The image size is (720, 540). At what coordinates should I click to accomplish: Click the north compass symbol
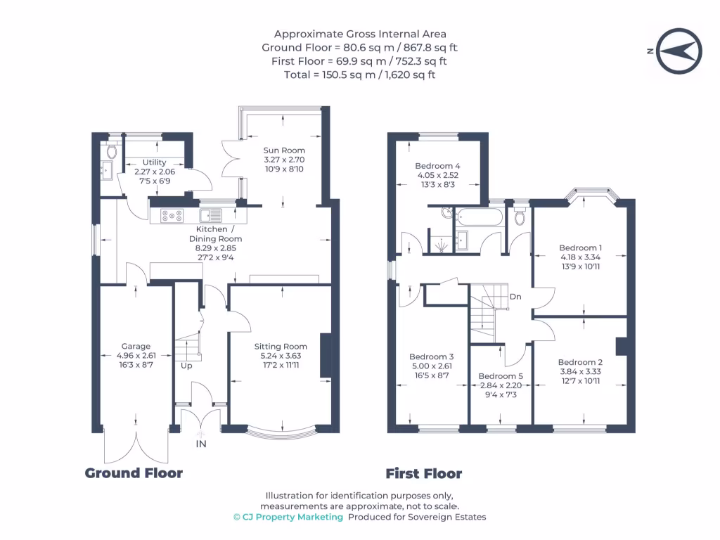click(679, 51)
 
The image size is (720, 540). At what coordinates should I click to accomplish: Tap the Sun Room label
click(284, 150)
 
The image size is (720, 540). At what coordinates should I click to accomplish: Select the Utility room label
click(154, 162)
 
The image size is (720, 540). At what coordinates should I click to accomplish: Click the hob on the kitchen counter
click(172, 215)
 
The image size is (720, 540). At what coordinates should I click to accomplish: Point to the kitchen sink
click(210, 215)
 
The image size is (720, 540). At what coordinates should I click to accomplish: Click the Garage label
click(136, 346)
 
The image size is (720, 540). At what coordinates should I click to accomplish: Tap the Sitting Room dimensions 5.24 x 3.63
click(281, 356)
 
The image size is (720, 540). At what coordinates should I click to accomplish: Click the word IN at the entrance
click(201, 444)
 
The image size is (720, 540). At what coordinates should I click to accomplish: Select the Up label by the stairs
click(186, 366)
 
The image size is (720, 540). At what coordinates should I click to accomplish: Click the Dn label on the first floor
click(515, 297)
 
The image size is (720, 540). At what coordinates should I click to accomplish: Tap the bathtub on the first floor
click(480, 217)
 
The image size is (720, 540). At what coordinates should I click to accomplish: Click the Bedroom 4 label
click(437, 166)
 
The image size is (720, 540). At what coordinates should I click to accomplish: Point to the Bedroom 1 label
click(580, 248)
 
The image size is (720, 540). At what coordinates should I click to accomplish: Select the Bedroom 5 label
click(501, 376)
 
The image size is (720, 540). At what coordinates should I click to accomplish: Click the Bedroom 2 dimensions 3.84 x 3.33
click(580, 371)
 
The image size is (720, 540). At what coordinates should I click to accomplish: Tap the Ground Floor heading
click(134, 473)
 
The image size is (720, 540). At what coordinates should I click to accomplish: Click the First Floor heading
click(424, 473)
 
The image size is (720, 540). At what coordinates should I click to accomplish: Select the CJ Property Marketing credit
click(288, 517)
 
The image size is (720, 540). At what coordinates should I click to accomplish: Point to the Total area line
click(359, 75)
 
